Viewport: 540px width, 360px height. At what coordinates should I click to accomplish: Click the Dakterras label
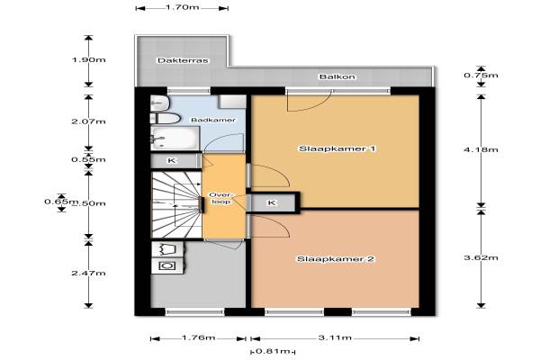(x=183, y=60)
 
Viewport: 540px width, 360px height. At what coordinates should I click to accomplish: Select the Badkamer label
(x=213, y=120)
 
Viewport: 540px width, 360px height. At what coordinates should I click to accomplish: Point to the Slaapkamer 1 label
(x=337, y=148)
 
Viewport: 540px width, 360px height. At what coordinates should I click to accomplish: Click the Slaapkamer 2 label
(x=336, y=258)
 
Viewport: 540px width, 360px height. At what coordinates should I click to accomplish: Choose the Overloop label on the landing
(x=220, y=198)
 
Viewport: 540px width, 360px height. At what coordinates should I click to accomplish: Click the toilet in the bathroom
(x=166, y=119)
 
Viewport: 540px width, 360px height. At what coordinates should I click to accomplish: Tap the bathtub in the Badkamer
(x=175, y=138)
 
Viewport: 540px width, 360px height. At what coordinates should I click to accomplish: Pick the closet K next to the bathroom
(x=175, y=160)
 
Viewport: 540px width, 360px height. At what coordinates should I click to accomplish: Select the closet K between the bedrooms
(x=273, y=202)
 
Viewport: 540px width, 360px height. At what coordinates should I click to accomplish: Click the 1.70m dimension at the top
(x=182, y=7)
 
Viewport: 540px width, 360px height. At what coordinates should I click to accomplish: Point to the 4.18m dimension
(x=481, y=149)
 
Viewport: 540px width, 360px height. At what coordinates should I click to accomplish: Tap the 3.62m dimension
(x=481, y=257)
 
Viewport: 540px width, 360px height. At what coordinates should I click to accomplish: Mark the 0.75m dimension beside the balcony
(x=481, y=75)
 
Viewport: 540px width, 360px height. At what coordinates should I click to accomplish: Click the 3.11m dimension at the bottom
(x=335, y=337)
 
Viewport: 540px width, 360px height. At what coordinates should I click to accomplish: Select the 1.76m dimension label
(x=198, y=337)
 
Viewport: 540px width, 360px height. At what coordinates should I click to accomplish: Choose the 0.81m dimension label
(x=273, y=351)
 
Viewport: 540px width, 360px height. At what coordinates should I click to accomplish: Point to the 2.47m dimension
(x=88, y=274)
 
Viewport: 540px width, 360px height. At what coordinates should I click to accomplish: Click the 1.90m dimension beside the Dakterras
(x=88, y=60)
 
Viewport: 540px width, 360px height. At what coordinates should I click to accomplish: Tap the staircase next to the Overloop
(x=176, y=204)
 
